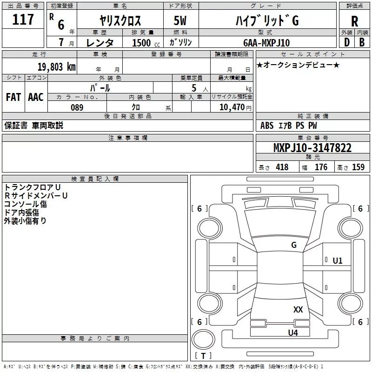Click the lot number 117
coord(24,20)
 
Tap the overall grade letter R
coord(354,21)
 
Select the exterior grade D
coord(347,42)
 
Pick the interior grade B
coord(362,42)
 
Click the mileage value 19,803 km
coord(56,66)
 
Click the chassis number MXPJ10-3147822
coord(312,148)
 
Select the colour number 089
coord(77,107)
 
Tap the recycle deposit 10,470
coord(232,107)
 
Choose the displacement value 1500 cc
coord(141,43)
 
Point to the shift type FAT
coord(13,97)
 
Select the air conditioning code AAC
coord(36,97)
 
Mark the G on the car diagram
coord(293,245)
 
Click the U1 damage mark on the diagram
coord(338,261)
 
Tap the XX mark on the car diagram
coord(298,310)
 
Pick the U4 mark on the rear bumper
coord(292,332)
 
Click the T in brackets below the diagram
coord(203,356)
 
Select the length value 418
coord(281,167)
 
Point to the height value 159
coord(358,167)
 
